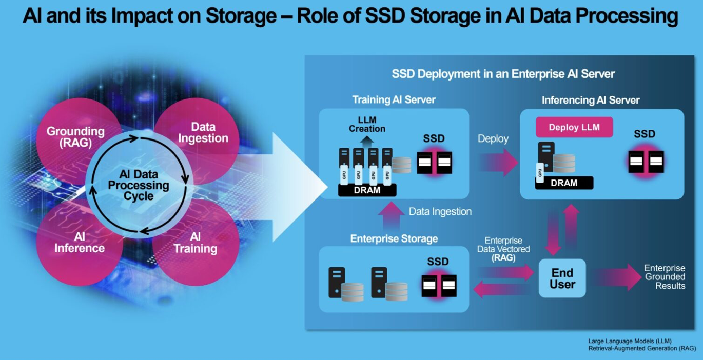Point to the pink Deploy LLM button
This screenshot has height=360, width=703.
574,127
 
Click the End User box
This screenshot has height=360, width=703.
562,278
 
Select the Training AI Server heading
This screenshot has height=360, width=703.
394,99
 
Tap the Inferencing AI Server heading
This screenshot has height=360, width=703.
591,100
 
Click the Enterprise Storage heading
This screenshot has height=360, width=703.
394,238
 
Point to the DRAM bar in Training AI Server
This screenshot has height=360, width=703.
367,190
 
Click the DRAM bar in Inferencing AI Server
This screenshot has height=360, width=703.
564,183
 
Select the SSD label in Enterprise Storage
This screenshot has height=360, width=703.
438,262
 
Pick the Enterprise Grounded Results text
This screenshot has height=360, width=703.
665,277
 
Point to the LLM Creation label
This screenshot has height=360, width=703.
367,125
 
